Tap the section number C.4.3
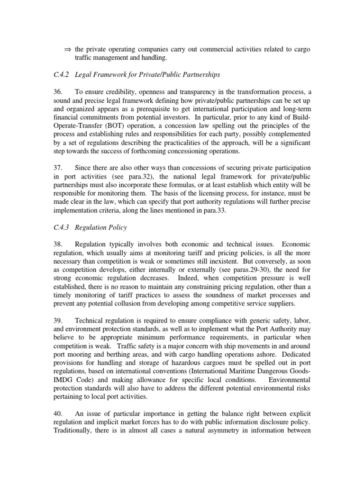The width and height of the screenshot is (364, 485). (61, 227)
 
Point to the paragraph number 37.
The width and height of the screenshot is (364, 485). (58, 168)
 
